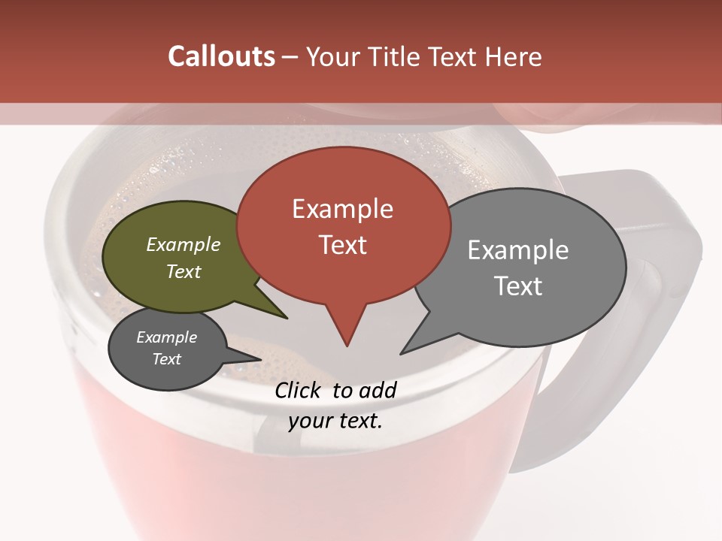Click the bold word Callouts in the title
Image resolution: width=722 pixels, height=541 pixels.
pyautogui.click(x=221, y=56)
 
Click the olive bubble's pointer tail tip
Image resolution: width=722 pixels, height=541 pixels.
pyautogui.click(x=287, y=318)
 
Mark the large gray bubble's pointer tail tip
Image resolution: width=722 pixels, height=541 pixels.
pyautogui.click(x=402, y=352)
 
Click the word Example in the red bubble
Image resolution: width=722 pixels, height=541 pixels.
pyautogui.click(x=342, y=209)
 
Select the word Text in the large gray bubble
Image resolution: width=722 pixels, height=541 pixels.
pyautogui.click(x=518, y=286)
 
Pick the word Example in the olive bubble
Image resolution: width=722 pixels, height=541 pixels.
pyautogui.click(x=184, y=245)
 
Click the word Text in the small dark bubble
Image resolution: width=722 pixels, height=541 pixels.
pyautogui.click(x=167, y=359)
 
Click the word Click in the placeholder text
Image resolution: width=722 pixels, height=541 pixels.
pyautogui.click(x=299, y=390)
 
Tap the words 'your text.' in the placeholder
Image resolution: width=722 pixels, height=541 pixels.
pyautogui.click(x=335, y=421)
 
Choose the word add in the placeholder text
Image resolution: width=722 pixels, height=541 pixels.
pyautogui.click(x=377, y=390)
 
